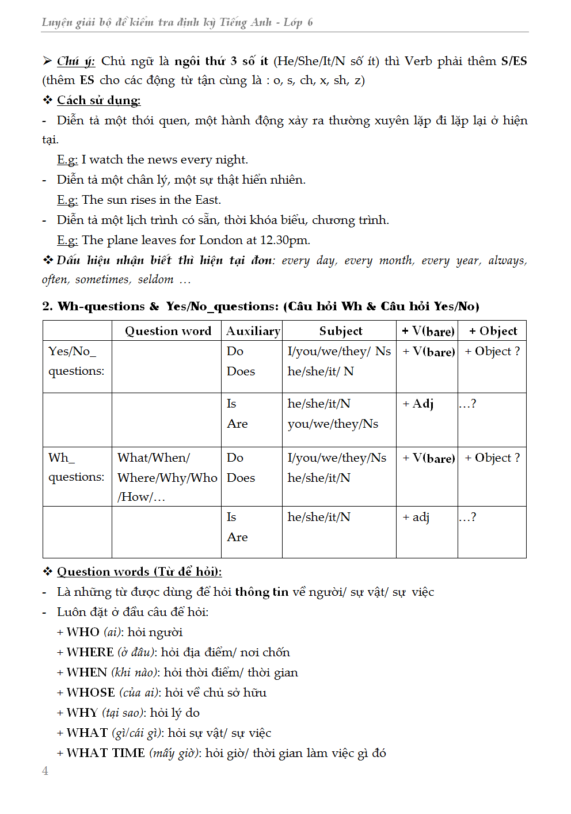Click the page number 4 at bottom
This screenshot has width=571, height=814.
click(x=45, y=771)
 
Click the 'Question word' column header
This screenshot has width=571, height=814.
click(x=168, y=331)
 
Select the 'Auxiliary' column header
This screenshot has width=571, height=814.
click(x=253, y=331)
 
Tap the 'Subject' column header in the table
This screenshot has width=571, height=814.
click(x=341, y=331)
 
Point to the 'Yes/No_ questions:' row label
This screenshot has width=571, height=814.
click(x=76, y=361)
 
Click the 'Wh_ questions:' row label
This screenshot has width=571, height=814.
click(x=76, y=467)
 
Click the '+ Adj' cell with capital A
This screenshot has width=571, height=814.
click(x=418, y=404)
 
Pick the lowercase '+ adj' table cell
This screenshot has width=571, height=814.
click(x=417, y=517)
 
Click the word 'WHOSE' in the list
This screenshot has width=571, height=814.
click(x=90, y=693)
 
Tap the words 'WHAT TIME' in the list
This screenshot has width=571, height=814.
click(x=105, y=753)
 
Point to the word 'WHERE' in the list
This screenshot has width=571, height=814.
click(x=90, y=652)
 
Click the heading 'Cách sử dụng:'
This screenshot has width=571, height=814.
click(x=98, y=100)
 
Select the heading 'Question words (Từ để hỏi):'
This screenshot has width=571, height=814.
click(x=139, y=572)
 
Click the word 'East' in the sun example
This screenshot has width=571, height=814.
click(x=207, y=200)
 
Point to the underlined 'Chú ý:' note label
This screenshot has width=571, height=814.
click(x=75, y=61)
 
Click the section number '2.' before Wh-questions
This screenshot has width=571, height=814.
click(x=47, y=306)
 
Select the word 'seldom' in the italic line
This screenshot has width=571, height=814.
click(x=155, y=280)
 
